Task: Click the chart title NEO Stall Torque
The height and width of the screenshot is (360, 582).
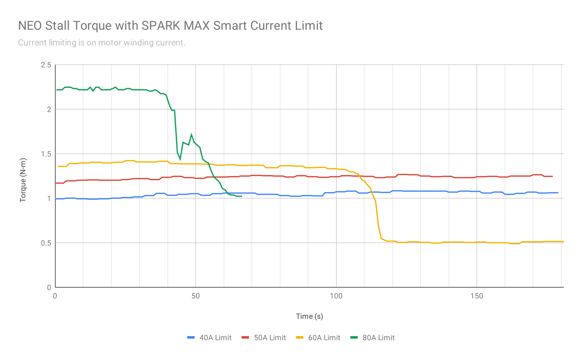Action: [x=170, y=26]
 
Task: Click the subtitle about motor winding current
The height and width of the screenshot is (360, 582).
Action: [x=102, y=43]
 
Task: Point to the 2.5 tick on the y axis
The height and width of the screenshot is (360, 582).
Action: [x=46, y=65]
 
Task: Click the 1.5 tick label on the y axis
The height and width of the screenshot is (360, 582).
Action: [x=46, y=154]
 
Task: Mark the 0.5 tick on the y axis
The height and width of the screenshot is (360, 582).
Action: [x=46, y=243]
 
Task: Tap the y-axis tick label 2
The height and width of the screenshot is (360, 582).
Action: [x=49, y=109]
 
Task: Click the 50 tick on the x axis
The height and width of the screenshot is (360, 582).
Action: [x=196, y=296]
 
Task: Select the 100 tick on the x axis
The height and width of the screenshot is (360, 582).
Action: [x=336, y=296]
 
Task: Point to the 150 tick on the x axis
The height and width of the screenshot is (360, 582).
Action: [x=477, y=296]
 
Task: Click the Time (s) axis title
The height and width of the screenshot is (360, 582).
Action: [x=309, y=316]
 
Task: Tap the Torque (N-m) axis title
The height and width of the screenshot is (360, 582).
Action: [x=23, y=180]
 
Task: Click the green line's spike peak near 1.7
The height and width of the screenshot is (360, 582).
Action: [x=191, y=135]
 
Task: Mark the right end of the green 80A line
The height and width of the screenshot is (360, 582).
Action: [x=241, y=196]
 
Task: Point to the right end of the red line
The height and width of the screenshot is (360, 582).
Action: [x=552, y=176]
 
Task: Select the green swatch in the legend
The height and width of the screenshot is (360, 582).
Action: [x=354, y=338]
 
